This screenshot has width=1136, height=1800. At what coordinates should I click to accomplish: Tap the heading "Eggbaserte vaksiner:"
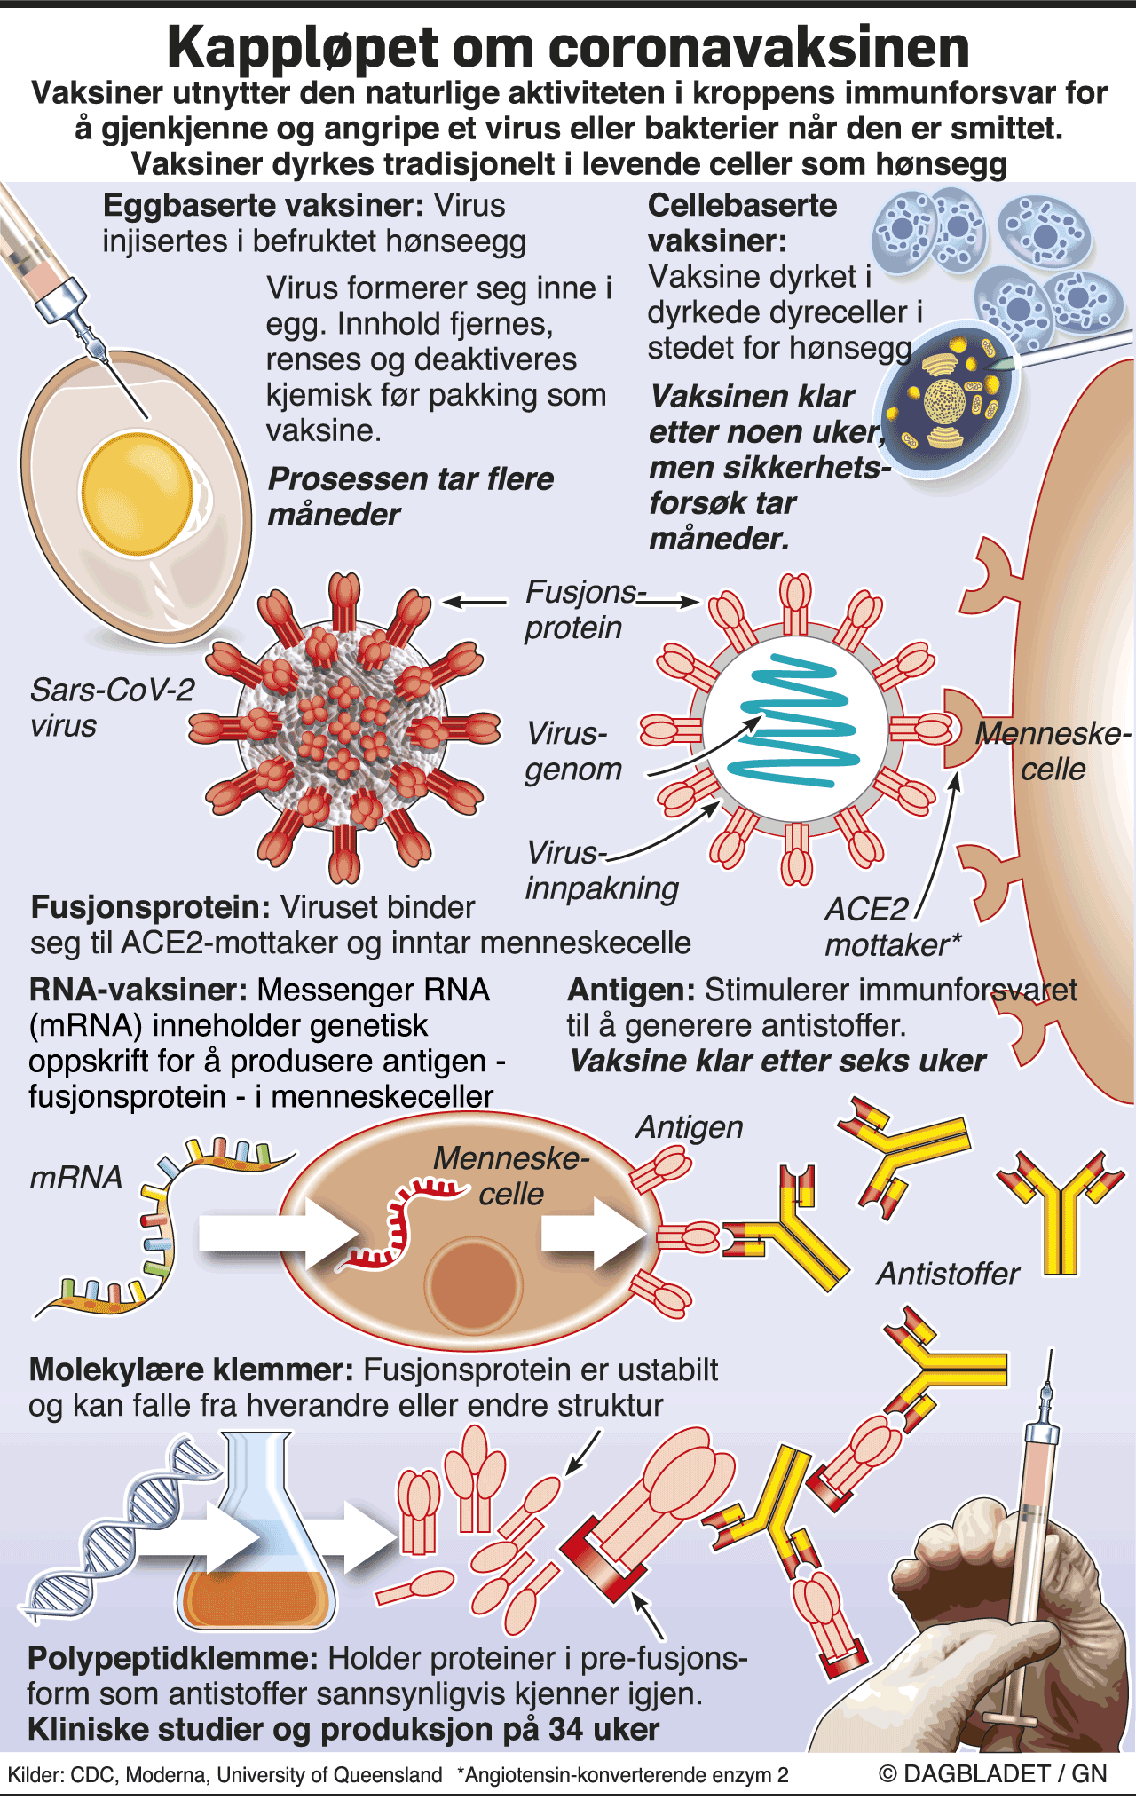(264, 206)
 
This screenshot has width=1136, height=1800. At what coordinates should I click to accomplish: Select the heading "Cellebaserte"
(742, 206)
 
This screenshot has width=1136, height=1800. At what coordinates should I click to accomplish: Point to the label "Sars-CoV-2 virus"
(112, 707)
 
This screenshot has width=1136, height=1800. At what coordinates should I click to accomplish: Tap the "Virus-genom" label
(573, 751)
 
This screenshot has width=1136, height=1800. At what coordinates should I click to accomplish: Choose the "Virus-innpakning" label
(602, 870)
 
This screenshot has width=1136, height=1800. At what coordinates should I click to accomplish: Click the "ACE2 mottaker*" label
(893, 927)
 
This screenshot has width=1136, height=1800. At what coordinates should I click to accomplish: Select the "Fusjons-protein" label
(586, 610)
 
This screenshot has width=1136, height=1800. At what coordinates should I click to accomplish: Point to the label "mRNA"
(76, 1178)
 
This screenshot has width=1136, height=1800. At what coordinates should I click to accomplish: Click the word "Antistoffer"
(948, 1275)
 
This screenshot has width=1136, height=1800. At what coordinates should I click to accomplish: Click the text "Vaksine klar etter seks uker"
(777, 1062)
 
